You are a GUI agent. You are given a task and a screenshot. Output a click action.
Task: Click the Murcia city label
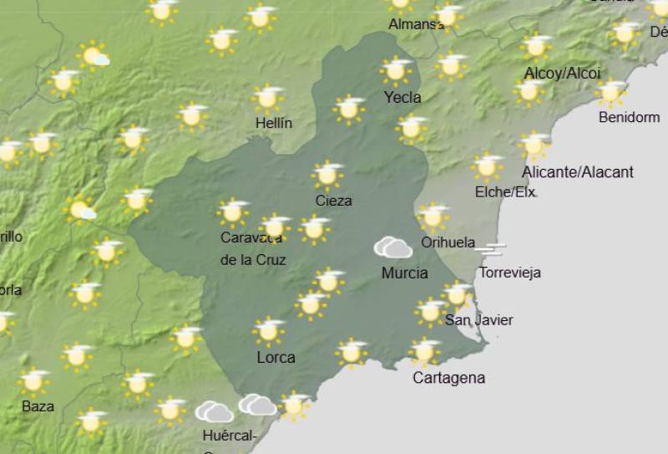404,273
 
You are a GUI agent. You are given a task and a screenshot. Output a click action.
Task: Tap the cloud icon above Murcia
392,247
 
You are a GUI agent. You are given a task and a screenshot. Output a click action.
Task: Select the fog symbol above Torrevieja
490,248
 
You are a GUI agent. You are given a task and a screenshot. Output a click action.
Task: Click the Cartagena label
448,378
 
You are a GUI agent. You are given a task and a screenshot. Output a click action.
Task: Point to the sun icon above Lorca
269,331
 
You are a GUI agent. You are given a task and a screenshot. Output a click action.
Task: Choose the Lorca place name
276,358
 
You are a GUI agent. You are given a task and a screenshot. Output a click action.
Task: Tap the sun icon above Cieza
328,175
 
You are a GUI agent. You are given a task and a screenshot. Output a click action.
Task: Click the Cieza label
333,201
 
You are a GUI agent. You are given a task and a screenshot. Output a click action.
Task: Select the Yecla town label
402,98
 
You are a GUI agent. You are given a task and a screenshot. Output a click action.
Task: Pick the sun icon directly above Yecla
397,70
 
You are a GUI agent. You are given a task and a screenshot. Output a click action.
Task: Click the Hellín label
274,124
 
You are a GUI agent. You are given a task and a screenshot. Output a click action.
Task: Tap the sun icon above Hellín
267,98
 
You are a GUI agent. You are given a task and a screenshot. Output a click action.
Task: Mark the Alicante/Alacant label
577,172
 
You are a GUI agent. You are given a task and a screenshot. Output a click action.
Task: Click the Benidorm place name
629,118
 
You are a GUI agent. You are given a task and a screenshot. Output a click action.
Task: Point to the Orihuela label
448,242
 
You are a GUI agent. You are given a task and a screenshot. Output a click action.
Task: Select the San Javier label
478,320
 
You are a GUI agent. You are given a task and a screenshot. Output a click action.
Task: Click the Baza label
38,406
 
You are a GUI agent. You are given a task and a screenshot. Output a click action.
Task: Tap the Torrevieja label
509,273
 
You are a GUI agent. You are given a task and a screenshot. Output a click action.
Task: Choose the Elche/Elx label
504,191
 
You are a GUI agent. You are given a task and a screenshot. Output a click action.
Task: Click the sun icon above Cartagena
425,351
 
